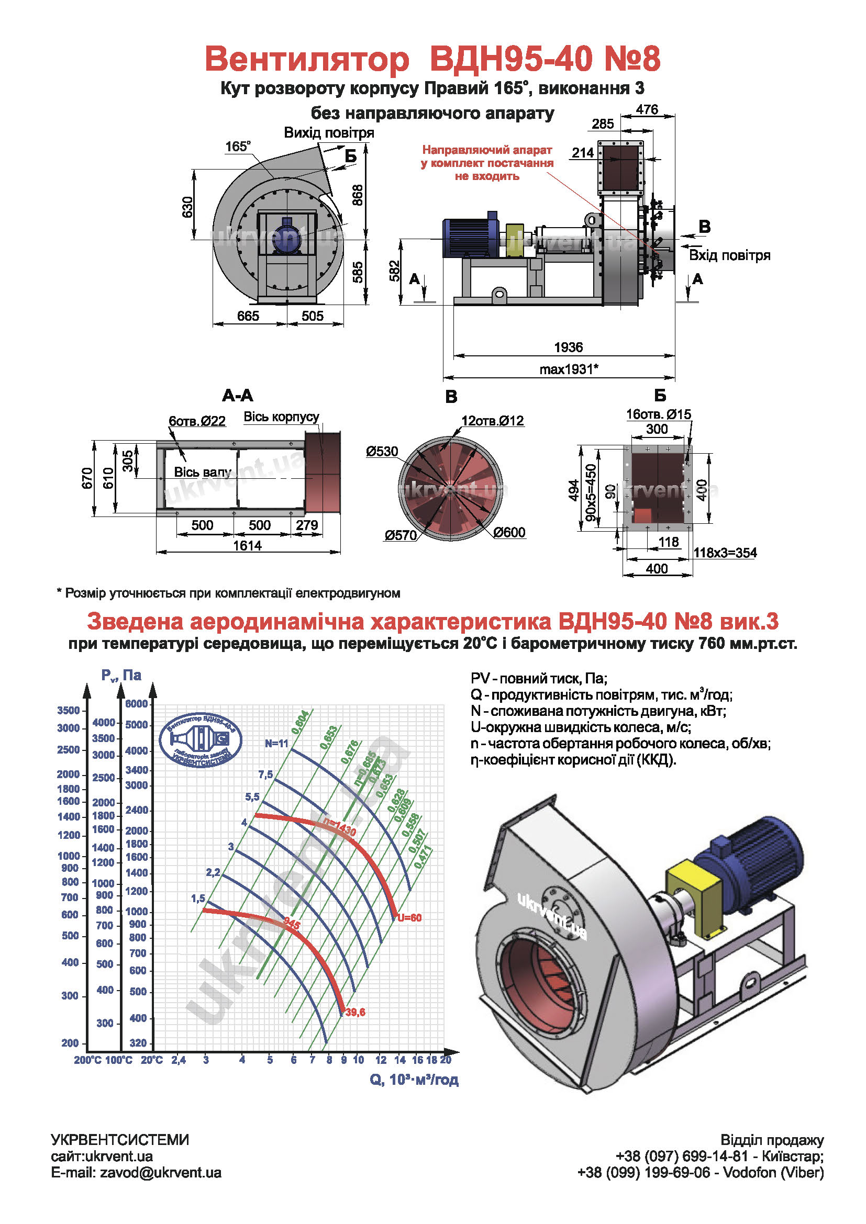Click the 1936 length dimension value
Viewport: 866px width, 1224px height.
click(569, 347)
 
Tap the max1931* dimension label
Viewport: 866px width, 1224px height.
click(569, 369)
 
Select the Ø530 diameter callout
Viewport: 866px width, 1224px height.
click(382, 452)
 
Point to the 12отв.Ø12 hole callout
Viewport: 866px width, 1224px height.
click(493, 421)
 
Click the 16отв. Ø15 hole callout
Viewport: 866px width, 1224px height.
click(658, 414)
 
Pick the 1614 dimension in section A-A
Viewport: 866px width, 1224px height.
click(248, 545)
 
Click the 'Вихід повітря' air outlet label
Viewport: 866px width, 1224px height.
click(328, 133)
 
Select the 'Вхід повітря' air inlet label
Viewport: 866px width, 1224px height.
click(729, 255)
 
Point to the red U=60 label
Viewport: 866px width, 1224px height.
click(409, 917)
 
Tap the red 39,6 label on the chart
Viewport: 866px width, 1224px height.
click(355, 1012)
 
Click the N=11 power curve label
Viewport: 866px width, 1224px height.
click(276, 743)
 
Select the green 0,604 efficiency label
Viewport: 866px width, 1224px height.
click(300, 722)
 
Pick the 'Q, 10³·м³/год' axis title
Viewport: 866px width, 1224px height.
click(414, 1080)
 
